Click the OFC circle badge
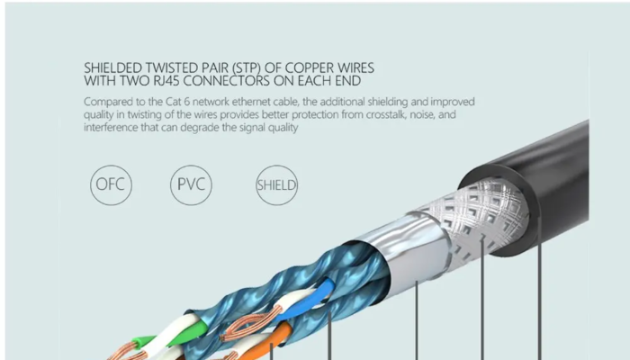(112, 186)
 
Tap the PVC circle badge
(191, 186)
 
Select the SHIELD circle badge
(277, 186)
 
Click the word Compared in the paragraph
(110, 101)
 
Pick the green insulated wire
(144, 343)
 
